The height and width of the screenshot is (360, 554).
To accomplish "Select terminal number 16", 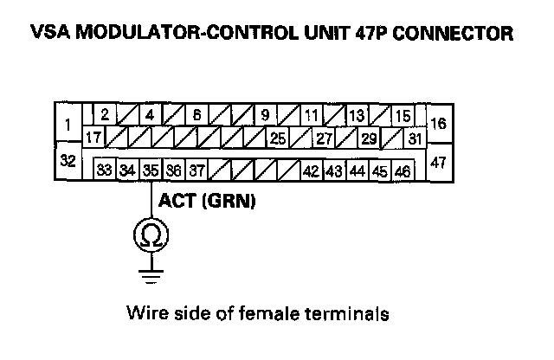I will (438, 123).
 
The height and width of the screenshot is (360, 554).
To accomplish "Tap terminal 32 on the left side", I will (67, 160).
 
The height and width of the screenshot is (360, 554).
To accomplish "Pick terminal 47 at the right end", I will (438, 161).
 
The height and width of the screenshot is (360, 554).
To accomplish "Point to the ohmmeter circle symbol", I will (150, 235).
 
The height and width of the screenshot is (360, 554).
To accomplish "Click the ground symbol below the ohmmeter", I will (150, 276).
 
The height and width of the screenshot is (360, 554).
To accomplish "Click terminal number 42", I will (311, 170).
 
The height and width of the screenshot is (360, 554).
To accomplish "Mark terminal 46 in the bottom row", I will (402, 170).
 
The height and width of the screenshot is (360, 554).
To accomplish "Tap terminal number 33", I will (104, 170).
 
